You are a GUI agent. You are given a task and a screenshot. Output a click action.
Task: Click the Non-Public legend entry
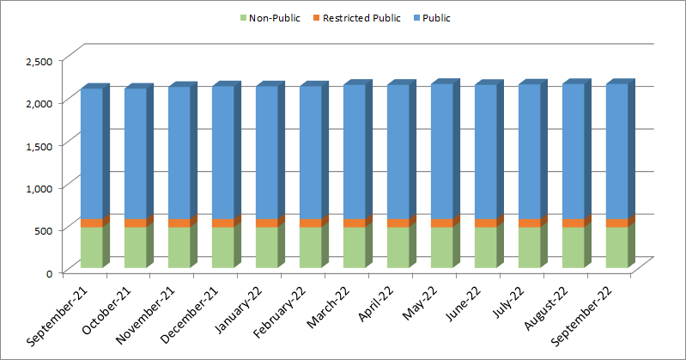(274, 17)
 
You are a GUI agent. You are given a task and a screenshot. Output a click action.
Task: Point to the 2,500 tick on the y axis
(39, 60)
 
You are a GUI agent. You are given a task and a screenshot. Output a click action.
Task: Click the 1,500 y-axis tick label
(39, 145)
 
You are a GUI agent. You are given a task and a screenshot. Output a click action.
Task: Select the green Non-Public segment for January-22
(266, 247)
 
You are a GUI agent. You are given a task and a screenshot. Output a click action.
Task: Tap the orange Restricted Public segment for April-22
(398, 223)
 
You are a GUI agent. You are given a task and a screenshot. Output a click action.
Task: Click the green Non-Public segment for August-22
(573, 247)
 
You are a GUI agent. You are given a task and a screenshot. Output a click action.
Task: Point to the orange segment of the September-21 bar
(91, 223)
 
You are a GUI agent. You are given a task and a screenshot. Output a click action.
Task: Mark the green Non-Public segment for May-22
(441, 247)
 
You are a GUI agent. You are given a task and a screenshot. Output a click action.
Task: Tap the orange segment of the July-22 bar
(529, 223)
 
